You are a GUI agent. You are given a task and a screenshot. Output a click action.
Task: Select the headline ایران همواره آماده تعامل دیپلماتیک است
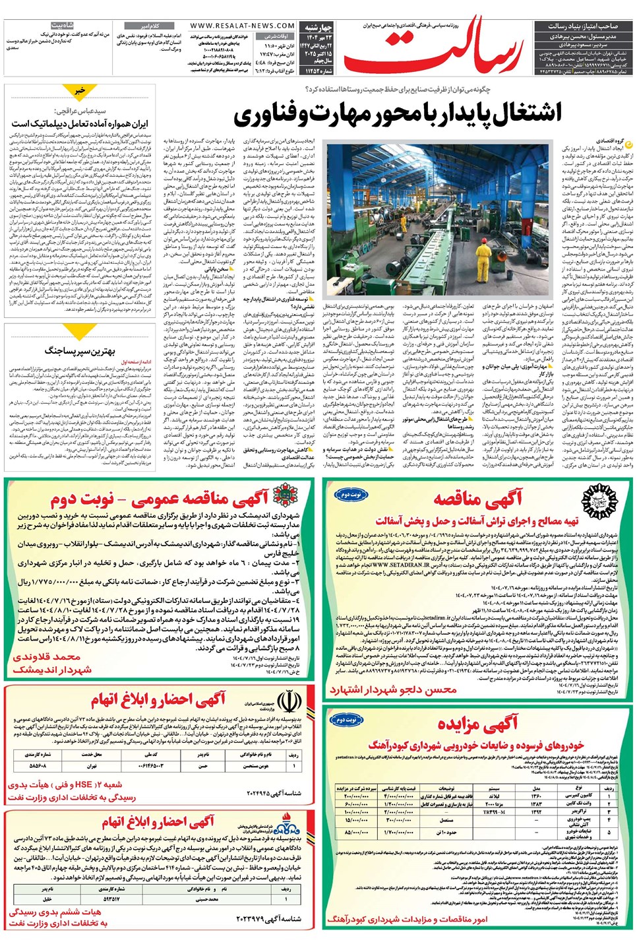click(x=80, y=123)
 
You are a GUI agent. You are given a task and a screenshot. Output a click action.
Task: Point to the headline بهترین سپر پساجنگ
click(x=80, y=350)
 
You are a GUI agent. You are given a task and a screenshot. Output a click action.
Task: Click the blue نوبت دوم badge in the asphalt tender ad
click(x=350, y=494)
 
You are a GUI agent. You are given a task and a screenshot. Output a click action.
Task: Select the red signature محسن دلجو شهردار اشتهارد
click(x=393, y=690)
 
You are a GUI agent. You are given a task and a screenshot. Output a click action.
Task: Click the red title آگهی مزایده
click(x=477, y=724)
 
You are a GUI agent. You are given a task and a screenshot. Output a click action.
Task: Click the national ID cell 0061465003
click(x=151, y=765)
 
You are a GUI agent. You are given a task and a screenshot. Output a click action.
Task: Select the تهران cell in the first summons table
click(x=92, y=765)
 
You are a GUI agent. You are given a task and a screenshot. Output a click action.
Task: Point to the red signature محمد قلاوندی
click(x=47, y=657)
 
